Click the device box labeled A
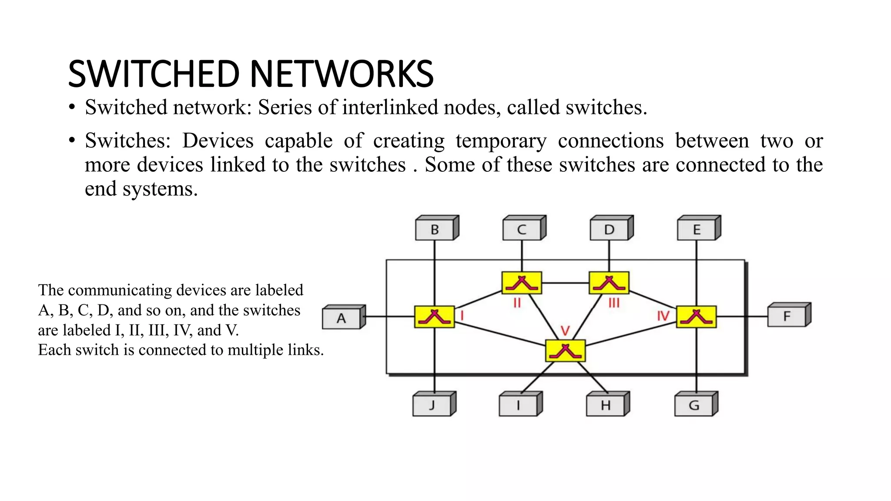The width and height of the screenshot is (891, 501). (342, 318)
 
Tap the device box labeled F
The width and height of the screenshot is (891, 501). (787, 316)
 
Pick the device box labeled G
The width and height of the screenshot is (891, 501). (694, 405)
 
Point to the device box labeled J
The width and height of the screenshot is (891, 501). (432, 405)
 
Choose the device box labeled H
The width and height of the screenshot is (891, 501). (606, 405)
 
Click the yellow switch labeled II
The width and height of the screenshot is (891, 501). (522, 283)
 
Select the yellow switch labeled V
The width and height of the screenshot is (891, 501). (565, 351)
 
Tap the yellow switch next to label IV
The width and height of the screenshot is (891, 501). (696, 317)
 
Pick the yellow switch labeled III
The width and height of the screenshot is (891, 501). (609, 283)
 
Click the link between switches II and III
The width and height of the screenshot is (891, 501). (565, 283)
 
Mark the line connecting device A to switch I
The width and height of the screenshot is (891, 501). (389, 316)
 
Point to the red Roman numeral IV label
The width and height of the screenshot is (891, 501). (663, 316)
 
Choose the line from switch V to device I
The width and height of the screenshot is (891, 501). (537, 377)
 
